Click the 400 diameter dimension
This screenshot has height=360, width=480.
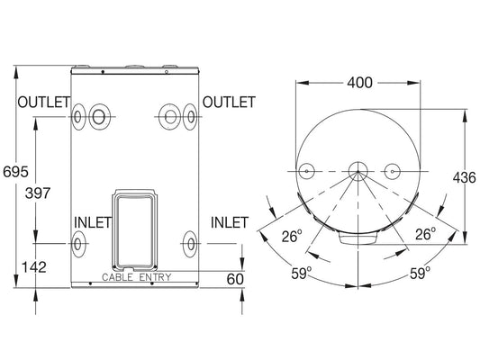click(x=359, y=84)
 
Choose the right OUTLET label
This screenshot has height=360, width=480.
click(x=229, y=102)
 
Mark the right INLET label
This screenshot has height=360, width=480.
click(x=229, y=222)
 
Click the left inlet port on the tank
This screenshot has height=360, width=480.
click(x=78, y=243)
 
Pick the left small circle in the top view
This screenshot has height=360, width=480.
click(x=306, y=171)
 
